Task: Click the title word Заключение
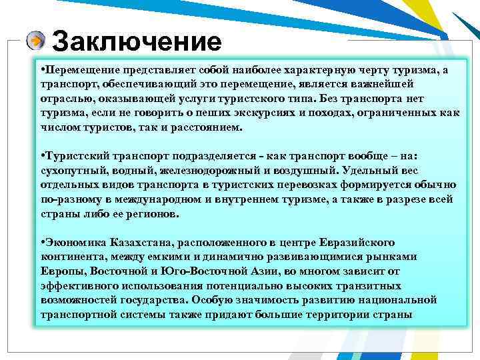click(x=136, y=42)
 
